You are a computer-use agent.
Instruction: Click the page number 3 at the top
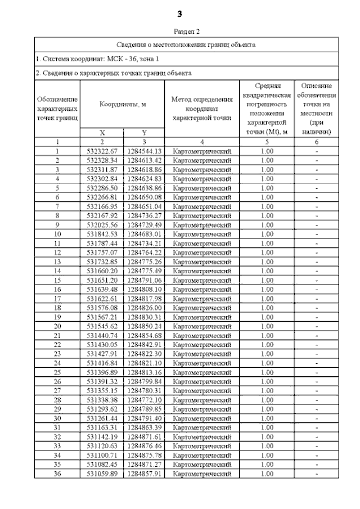coord(179,13)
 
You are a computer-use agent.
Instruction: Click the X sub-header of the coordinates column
coord(102,133)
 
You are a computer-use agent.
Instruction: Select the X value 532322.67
coord(102,151)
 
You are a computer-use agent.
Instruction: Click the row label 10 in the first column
coord(57,233)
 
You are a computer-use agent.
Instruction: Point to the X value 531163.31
coord(102,427)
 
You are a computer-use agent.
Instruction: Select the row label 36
coord(57,474)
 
